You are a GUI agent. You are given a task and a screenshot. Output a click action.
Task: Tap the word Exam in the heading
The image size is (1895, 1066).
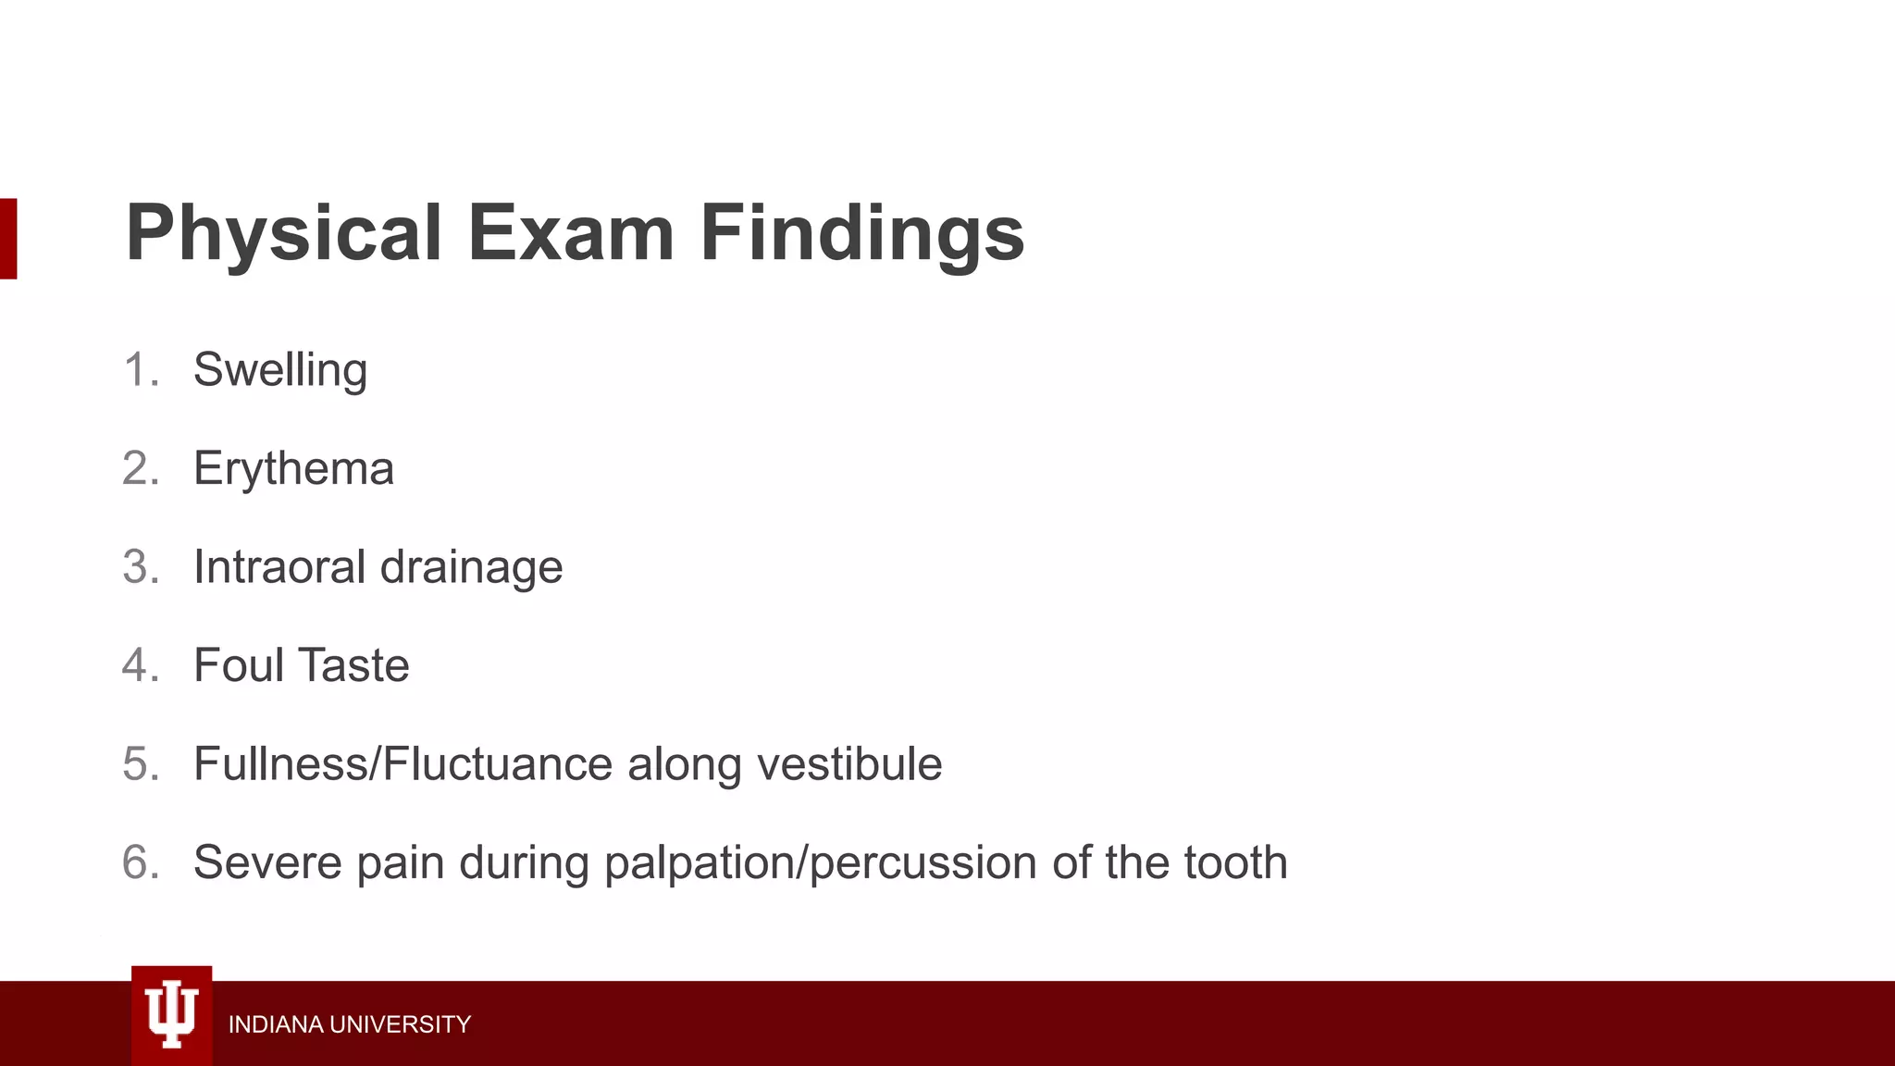[571, 233]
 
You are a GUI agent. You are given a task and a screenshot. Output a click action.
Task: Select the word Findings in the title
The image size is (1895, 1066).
[861, 233]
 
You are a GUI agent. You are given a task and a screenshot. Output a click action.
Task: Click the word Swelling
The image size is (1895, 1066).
[280, 370]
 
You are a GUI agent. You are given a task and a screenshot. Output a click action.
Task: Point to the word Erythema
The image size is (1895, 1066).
[293, 468]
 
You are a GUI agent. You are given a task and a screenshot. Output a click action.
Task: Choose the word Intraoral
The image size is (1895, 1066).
[279, 566]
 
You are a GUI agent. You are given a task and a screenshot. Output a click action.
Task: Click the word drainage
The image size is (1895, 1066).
[471, 568]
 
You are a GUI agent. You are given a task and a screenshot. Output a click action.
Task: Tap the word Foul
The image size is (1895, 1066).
[238, 665]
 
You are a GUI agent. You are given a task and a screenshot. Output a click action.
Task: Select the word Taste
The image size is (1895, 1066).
[354, 665]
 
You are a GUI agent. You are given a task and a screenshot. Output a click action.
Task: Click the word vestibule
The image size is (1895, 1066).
[849, 764]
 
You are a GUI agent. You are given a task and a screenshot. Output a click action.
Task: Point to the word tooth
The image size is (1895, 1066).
[1235, 862]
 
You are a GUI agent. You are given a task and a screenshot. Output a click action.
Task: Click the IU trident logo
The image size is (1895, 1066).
[172, 1015]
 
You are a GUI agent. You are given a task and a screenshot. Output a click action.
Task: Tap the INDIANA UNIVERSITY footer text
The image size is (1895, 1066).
[349, 1024]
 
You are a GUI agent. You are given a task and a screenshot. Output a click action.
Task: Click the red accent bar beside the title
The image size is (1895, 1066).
[8, 238]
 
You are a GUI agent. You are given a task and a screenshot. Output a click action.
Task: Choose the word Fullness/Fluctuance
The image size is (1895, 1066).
[403, 764]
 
